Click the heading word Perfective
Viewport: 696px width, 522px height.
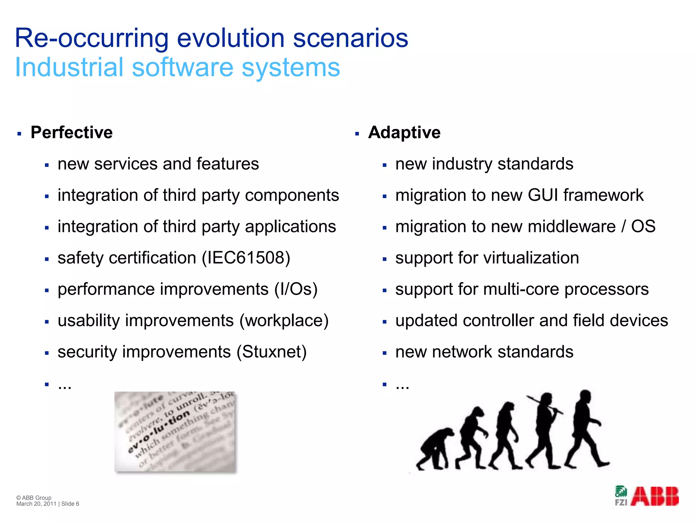coord(71,132)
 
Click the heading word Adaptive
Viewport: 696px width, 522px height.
coord(404,132)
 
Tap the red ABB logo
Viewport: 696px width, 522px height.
coord(655,496)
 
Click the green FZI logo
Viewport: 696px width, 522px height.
coord(621,495)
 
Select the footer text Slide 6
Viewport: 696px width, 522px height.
coord(70,504)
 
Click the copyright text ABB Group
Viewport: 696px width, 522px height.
coord(36,498)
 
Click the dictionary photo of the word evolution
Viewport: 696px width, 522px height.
coord(175,432)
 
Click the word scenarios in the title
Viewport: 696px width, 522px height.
coord(350,38)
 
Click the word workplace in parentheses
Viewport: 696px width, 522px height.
coord(284,320)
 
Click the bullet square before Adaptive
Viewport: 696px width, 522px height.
coord(357,134)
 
